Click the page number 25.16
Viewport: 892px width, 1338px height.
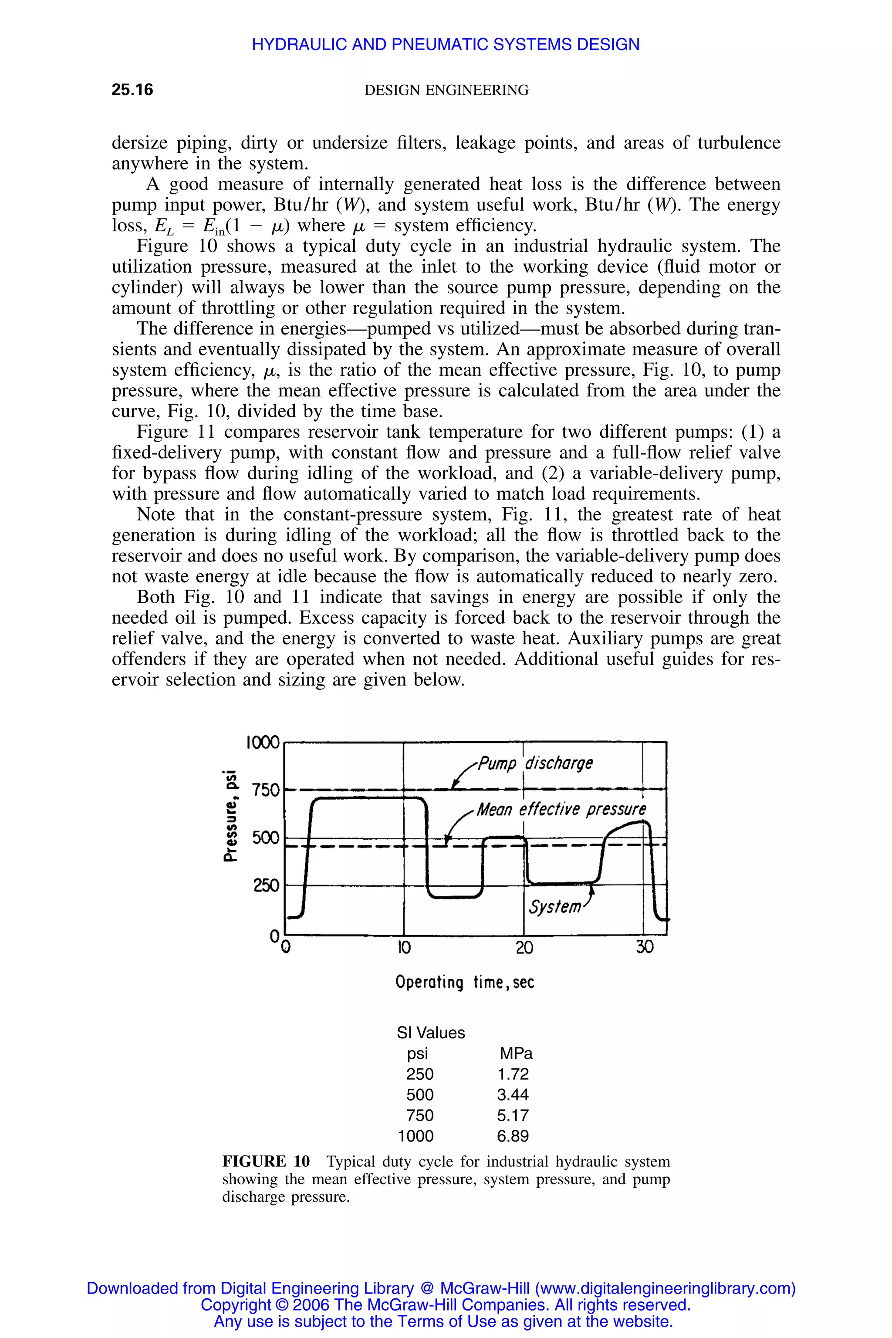tap(132, 90)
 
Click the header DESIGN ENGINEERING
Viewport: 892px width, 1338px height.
tap(446, 90)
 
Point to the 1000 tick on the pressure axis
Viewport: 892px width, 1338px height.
tap(263, 742)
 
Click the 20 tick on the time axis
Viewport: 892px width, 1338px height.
tap(524, 948)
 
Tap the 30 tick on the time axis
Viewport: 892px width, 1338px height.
tap(645, 948)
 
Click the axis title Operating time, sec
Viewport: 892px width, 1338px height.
tap(465, 983)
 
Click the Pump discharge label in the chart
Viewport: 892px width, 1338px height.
tap(535, 763)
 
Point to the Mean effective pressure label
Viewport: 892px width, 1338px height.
tap(561, 809)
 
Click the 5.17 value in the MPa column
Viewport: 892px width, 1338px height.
tap(513, 1115)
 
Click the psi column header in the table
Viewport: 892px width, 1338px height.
tap(418, 1054)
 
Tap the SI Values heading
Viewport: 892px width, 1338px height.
tap(431, 1033)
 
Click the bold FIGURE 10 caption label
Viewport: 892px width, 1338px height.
tap(266, 1161)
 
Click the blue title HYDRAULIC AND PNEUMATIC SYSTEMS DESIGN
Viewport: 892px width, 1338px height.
tap(446, 44)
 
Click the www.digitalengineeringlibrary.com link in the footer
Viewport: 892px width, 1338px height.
tap(665, 1288)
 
